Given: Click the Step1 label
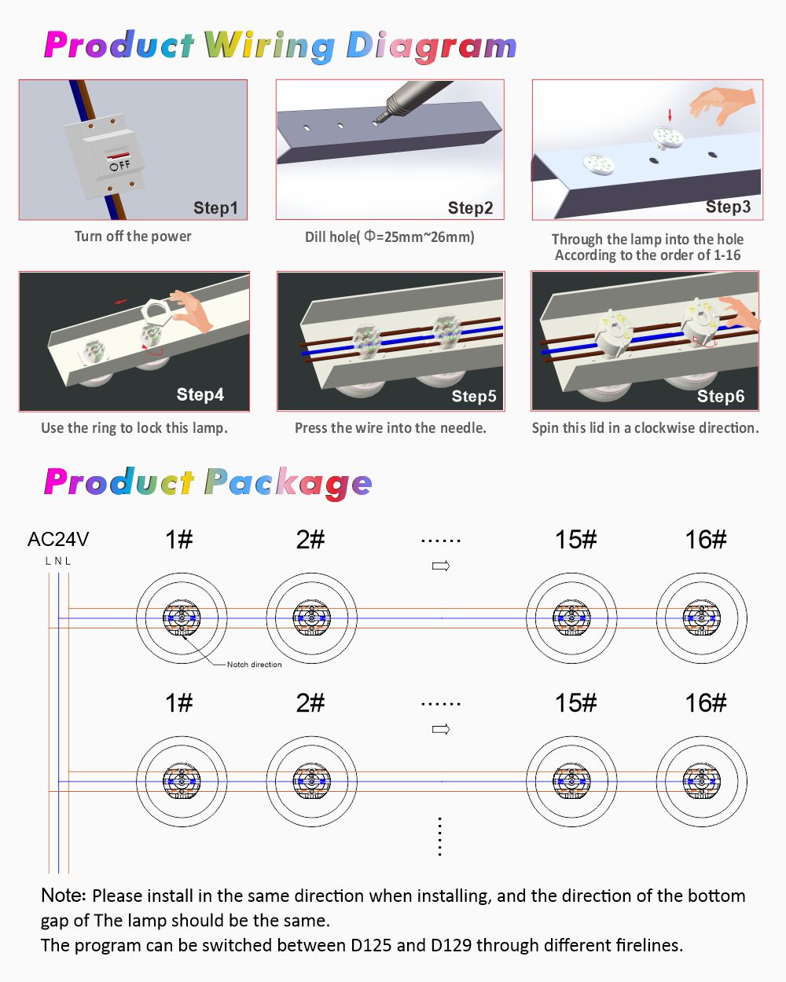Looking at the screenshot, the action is [x=215, y=207].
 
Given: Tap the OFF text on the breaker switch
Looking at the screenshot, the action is [x=120, y=165].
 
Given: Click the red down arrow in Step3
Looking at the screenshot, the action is [x=670, y=115].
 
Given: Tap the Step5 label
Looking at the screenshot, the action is [x=474, y=396].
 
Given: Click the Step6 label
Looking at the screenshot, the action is [x=721, y=396].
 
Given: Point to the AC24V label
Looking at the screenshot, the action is [x=58, y=539].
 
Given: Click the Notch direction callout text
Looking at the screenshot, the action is [x=255, y=665].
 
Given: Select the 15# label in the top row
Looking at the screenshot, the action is [x=576, y=540].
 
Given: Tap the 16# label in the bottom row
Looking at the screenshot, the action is [x=706, y=703].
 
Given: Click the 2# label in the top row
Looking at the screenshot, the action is [x=310, y=540].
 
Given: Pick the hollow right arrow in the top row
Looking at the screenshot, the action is [x=441, y=566].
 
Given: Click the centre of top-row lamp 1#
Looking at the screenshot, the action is [x=182, y=618].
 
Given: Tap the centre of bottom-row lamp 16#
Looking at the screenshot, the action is [x=702, y=782].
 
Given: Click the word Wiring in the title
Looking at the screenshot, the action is [x=270, y=46].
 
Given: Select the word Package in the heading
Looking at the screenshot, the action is [x=288, y=483].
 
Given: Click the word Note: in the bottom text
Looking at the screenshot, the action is [x=64, y=896].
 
